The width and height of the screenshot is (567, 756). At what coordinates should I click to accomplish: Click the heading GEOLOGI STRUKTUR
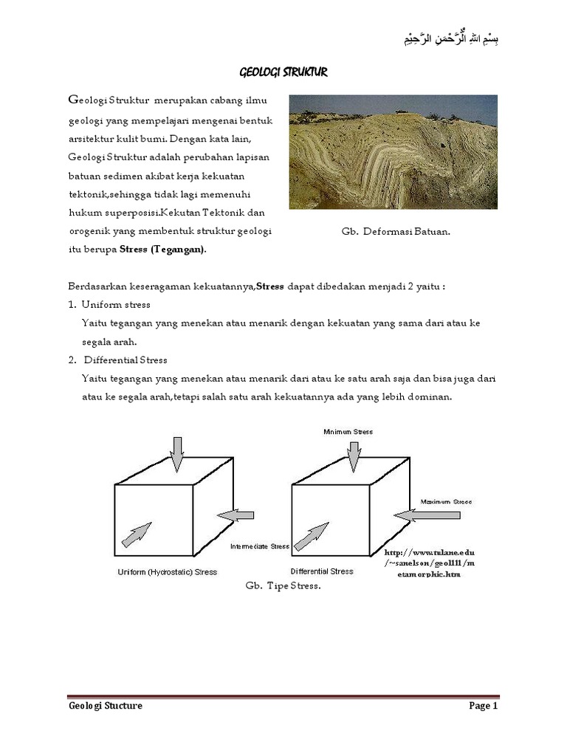[x=283, y=72]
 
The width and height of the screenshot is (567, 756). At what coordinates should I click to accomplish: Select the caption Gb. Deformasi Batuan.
[x=396, y=231]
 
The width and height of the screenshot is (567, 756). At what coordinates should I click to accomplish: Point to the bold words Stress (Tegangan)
[x=163, y=249]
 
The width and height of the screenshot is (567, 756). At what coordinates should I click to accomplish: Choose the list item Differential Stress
[x=126, y=360]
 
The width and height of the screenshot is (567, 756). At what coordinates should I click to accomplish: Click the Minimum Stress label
[x=348, y=431]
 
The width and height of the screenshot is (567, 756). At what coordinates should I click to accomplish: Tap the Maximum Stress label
[x=446, y=501]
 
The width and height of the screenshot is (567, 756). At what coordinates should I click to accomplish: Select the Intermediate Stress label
[x=259, y=547]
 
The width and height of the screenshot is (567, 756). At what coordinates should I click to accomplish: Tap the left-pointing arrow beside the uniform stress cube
[x=237, y=514]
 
